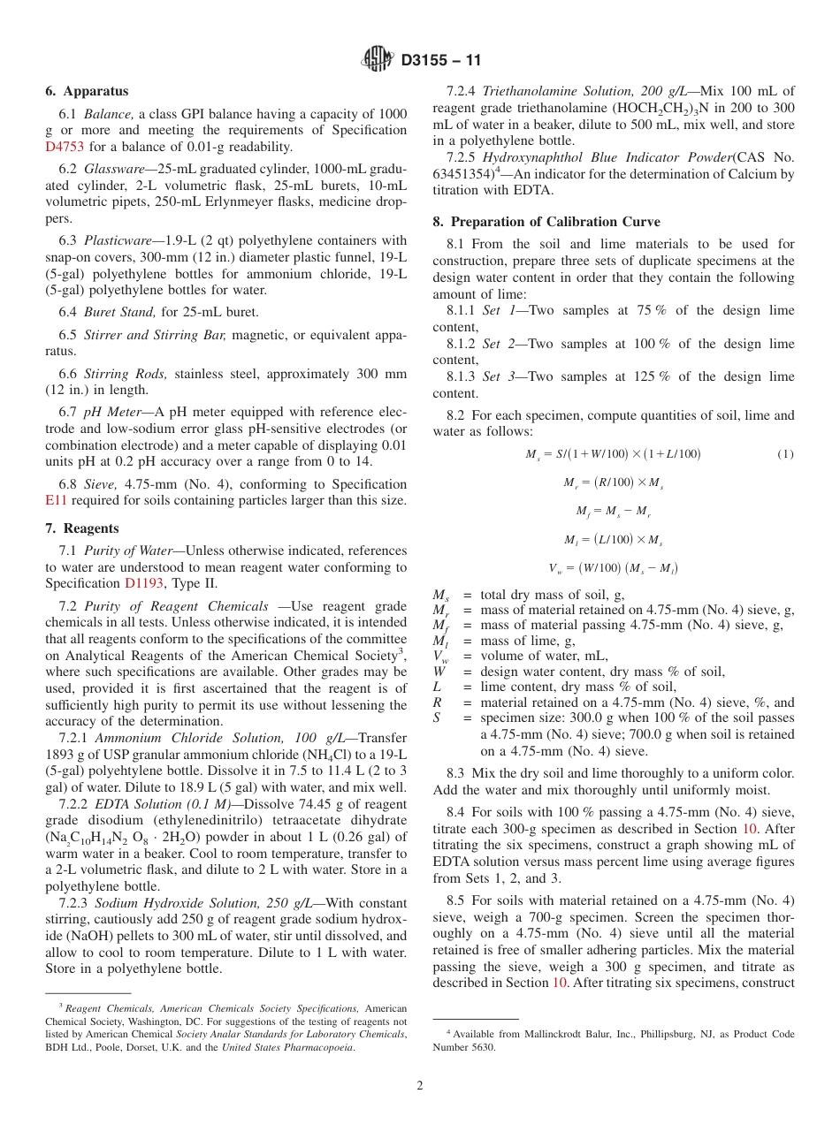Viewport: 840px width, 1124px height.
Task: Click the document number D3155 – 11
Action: coord(440,61)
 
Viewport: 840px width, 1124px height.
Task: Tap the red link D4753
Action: coord(64,147)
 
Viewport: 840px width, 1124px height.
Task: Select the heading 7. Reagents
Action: coord(82,528)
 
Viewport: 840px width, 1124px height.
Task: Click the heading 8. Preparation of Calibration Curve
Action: coord(554,221)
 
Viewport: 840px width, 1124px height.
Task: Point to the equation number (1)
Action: coord(785,454)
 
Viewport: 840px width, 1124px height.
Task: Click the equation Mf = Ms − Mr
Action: coord(613,511)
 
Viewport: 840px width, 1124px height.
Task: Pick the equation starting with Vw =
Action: coord(613,567)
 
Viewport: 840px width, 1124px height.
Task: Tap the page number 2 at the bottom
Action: coord(420,1085)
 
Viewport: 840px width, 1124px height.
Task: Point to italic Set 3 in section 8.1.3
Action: coord(496,376)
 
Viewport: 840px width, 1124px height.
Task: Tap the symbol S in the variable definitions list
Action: coord(436,718)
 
